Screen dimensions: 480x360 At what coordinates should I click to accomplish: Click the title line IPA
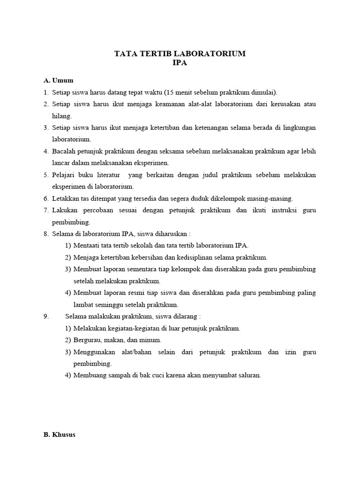(180, 63)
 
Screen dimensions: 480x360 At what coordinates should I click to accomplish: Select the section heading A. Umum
(59, 80)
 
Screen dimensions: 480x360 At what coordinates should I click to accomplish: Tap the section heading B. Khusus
(60, 435)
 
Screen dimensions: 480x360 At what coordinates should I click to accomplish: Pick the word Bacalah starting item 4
(63, 151)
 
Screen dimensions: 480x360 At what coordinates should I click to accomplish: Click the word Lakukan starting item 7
(64, 210)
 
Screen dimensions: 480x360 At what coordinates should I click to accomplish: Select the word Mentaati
(88, 245)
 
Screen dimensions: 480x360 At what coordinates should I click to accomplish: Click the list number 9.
(46, 316)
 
